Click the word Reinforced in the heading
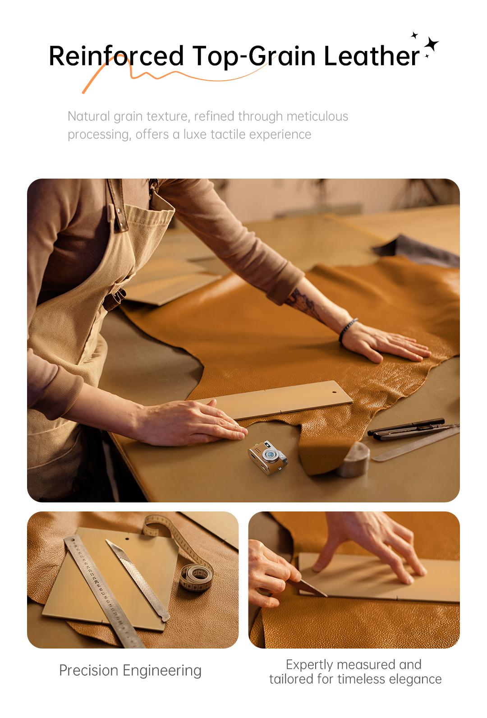click(x=116, y=56)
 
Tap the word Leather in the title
click(x=371, y=56)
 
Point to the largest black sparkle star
click(x=431, y=44)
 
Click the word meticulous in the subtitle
click(x=317, y=116)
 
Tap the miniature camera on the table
click(x=267, y=457)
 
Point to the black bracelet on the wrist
click(x=347, y=330)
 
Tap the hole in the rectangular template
click(x=334, y=392)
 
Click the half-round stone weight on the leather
click(x=354, y=459)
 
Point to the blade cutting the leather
click(x=311, y=588)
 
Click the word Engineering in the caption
click(x=162, y=670)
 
